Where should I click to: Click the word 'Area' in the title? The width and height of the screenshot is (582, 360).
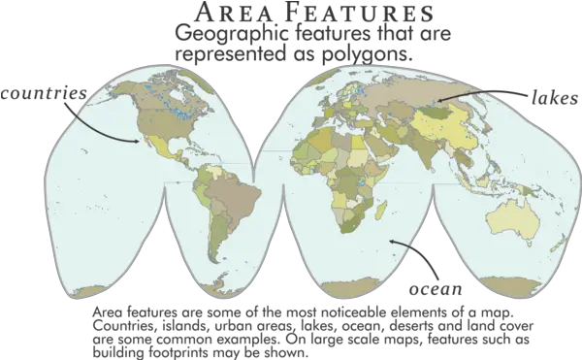[229, 14]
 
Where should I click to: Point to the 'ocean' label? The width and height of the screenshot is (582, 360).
[433, 288]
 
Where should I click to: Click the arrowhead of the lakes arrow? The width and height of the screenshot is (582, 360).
[436, 99]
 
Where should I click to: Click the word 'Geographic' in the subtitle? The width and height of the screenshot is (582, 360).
[218, 35]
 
